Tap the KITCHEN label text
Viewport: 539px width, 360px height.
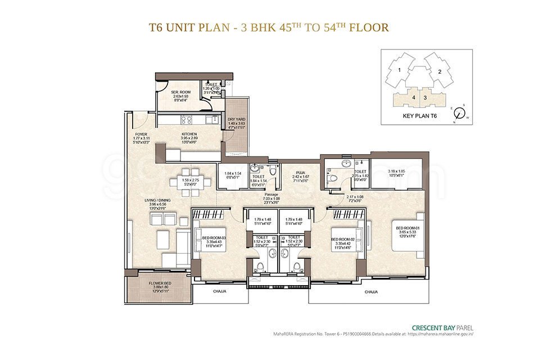click(189, 134)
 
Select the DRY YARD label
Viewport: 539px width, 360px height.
click(235, 119)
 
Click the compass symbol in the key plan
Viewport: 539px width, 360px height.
click(459, 113)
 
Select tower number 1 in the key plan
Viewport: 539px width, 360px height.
click(398, 70)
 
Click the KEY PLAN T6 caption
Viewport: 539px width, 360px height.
click(420, 115)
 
